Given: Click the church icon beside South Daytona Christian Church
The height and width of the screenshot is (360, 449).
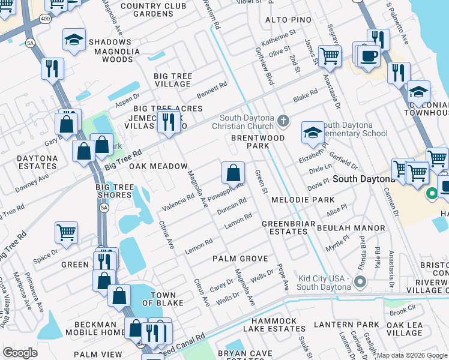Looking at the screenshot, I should pos(284,122).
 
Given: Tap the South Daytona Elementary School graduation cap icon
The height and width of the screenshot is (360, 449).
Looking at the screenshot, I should pos(313,133).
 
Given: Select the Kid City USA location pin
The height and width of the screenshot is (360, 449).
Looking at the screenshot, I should pos(360,281).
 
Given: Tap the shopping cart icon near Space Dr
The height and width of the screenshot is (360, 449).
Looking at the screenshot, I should pos(66,232).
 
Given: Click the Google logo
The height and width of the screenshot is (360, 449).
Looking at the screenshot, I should pos(20,353).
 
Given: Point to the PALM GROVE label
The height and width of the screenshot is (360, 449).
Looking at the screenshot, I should pos(240,259).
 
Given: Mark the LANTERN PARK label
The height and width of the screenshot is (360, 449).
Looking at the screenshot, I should pos(354,325).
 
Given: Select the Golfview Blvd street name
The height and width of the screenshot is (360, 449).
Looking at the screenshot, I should pos(264,64).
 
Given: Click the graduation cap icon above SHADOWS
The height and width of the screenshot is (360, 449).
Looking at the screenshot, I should pos(74,41).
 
